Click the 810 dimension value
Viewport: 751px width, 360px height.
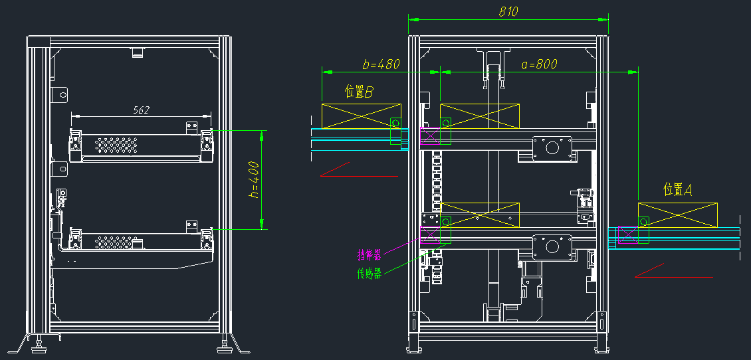tap(508, 11)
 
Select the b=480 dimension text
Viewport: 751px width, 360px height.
tap(381, 64)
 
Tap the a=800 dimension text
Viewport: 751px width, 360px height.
tap(539, 64)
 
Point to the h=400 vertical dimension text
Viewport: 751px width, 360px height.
tap(254, 179)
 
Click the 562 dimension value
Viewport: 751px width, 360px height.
tap(142, 110)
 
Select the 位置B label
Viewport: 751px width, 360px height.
tap(358, 92)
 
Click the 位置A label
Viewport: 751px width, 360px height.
tap(677, 190)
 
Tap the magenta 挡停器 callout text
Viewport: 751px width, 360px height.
tap(369, 254)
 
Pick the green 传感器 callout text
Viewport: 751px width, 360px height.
tap(369, 274)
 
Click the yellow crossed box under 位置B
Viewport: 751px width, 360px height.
tap(361, 116)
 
